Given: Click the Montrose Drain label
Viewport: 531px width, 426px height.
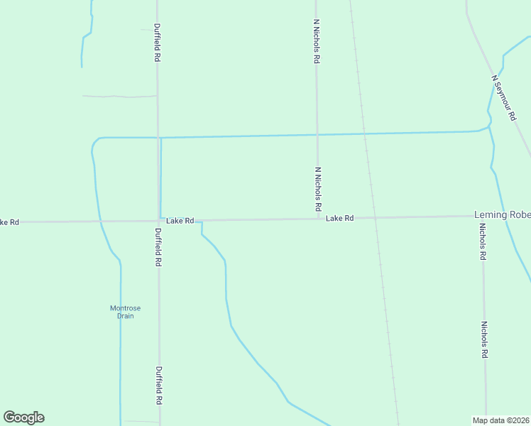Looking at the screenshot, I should tap(125, 312).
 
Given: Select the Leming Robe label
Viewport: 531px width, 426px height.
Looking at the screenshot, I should tap(502, 215).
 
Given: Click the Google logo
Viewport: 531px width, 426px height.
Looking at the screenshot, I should tap(23, 417).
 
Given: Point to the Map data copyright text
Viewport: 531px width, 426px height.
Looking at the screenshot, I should tap(500, 420).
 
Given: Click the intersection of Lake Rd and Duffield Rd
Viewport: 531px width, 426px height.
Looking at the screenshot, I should tap(158, 221).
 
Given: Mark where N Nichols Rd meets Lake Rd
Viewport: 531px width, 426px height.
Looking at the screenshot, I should tap(317, 219).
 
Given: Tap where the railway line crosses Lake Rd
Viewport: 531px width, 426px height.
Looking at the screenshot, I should tap(373, 218).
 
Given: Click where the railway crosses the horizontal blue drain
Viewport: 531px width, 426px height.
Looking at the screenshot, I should tap(364, 133).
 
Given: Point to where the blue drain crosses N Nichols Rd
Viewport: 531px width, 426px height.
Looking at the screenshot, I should tap(317, 134).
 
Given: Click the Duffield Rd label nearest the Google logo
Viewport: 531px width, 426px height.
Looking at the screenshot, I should tap(158, 386).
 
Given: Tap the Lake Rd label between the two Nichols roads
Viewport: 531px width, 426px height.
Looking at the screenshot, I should tap(340, 219).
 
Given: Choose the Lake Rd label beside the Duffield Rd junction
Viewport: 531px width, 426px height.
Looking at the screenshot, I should tap(180, 221).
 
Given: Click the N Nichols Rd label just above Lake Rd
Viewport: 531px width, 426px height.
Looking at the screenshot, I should tap(318, 190).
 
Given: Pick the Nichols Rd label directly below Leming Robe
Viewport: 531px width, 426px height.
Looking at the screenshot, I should tap(482, 241).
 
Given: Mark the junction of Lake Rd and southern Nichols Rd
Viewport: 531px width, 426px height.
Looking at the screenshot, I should tap(482, 216).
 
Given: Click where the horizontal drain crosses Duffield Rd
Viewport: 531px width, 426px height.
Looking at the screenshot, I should tap(158, 137).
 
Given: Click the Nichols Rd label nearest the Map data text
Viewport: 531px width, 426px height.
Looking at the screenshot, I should tap(484, 340).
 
